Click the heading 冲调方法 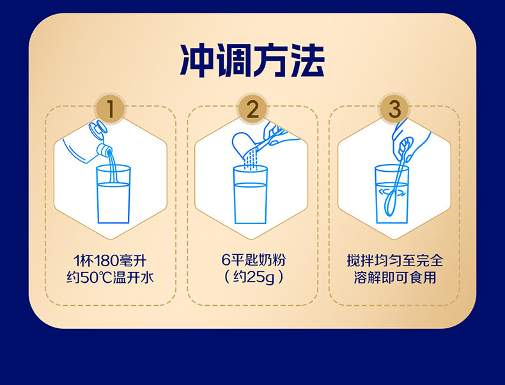[x=252, y=61]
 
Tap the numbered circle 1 [x=111, y=109]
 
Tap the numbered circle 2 [x=252, y=109]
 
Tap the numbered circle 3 [x=394, y=109]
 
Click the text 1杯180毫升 [x=111, y=260]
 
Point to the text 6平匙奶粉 [x=252, y=260]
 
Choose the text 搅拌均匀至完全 [x=394, y=260]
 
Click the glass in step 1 [x=113, y=195]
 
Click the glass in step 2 [x=251, y=195]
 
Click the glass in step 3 [x=391, y=195]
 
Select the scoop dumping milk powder [x=244, y=143]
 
